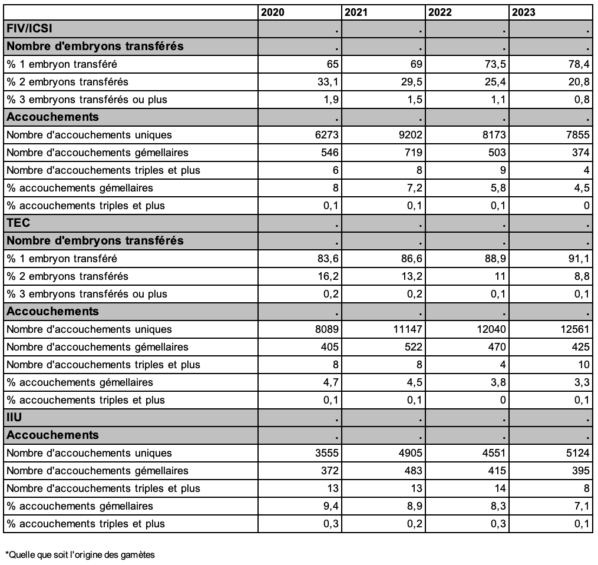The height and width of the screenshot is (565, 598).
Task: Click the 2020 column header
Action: [272, 12]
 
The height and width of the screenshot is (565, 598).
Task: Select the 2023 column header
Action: [524, 12]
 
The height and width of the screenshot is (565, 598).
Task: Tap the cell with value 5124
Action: [577, 453]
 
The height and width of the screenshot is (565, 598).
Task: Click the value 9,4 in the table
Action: [331, 506]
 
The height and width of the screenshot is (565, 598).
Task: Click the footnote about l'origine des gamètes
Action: [80, 554]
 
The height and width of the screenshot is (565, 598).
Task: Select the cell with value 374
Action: [581, 153]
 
